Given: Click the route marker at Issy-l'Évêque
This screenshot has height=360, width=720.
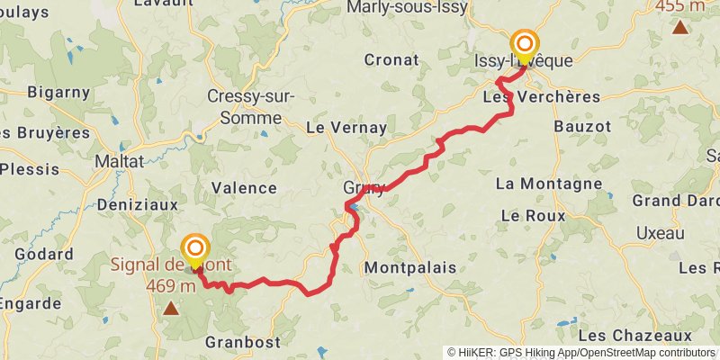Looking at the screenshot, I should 525,44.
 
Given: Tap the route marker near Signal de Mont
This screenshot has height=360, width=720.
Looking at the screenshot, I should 194,248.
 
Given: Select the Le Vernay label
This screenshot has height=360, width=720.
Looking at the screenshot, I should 346,128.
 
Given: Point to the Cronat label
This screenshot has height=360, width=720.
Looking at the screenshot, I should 391,60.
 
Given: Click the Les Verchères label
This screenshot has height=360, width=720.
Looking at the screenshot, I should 541,96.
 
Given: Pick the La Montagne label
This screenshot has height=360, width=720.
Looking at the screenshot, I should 549,184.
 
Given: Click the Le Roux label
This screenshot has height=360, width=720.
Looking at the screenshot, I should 533,216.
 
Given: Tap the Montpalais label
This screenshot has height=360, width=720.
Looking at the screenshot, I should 409,267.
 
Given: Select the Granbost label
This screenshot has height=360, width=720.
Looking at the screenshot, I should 242,342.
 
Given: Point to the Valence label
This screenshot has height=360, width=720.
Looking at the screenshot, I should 243,188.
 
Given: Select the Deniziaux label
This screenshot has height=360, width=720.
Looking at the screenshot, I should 137,204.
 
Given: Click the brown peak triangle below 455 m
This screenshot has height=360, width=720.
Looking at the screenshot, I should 680,27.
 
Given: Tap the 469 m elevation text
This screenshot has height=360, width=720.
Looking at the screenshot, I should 171,286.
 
